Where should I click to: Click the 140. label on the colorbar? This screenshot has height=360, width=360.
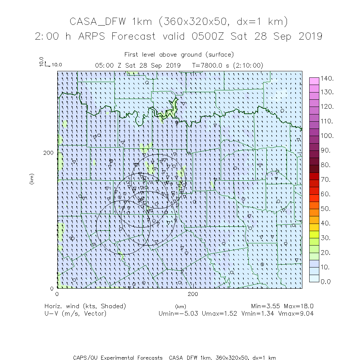[328, 78]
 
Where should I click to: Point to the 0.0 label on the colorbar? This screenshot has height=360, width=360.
[326, 282]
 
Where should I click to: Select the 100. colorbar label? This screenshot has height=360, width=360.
[328, 136]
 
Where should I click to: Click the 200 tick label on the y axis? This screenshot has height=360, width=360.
[49, 153]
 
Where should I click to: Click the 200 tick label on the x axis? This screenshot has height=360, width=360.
[193, 294]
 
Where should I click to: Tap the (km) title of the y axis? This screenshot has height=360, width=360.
[32, 179]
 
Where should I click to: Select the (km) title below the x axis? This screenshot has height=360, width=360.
[180, 306]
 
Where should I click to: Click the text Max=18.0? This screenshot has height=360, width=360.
[299, 306]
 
